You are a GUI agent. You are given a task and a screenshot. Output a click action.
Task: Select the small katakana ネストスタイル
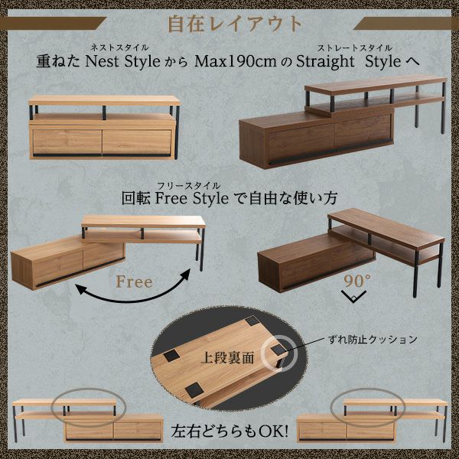click(119, 47)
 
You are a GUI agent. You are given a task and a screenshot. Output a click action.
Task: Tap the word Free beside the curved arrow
click(134, 282)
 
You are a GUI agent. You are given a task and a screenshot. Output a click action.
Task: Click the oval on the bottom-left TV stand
click(89, 406)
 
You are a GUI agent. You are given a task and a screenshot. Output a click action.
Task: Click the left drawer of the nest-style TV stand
click(65, 142)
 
